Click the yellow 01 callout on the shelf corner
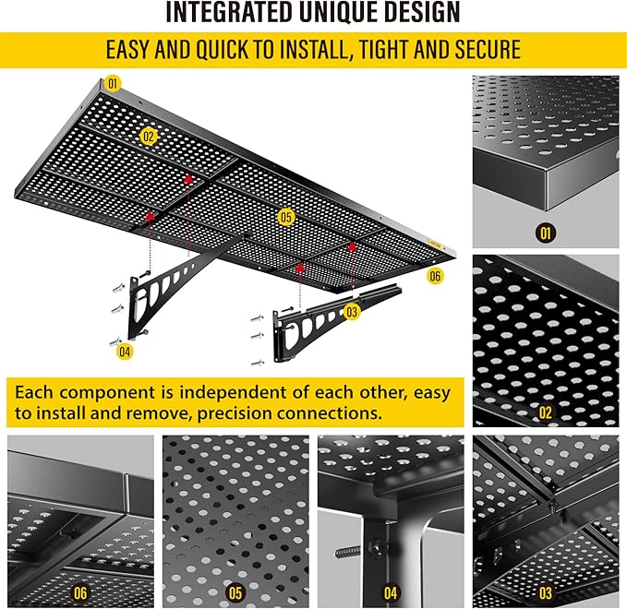[x=113, y=83]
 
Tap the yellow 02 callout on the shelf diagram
[x=149, y=137]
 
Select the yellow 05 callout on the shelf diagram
[x=285, y=217]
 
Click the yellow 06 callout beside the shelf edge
[x=435, y=275]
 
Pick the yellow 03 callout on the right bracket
[x=351, y=312]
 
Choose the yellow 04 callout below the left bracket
[x=124, y=350]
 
